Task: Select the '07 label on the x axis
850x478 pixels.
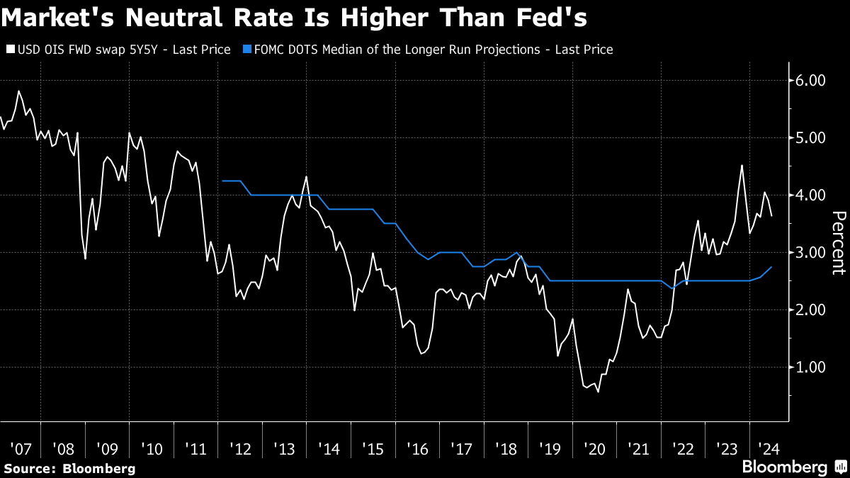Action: [21, 449]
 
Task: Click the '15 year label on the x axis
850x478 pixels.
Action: [374, 449]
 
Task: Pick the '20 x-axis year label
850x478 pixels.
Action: [595, 449]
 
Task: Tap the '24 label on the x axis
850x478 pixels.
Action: [769, 449]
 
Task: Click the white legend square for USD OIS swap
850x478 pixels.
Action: [10, 50]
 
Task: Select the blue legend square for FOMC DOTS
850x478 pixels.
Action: [246, 50]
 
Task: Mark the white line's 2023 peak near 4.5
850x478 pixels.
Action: [742, 166]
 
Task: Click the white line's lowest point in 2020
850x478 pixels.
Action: [598, 392]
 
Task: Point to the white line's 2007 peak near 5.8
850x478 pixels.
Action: [18, 91]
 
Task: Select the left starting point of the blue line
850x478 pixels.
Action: [222, 181]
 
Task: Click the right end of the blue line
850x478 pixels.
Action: [771, 267]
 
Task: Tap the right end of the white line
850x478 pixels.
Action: [771, 216]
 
